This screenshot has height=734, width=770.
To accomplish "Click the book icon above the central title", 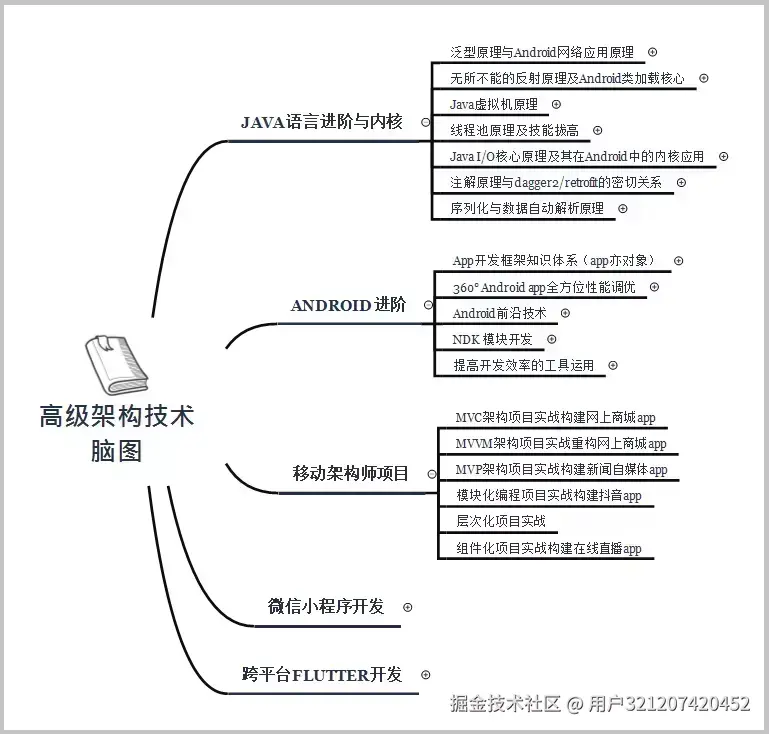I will coord(116,365).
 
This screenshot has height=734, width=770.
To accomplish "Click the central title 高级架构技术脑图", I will coord(116,433).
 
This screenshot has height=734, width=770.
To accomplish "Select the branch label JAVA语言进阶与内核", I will coord(322,122).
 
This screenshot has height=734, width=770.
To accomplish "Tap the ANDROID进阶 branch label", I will coord(348,305).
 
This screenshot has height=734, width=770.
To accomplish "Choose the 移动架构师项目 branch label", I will coord(350,473).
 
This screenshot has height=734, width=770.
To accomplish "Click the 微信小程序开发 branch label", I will coord(325,606).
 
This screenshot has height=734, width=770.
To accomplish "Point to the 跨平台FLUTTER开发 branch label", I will coord(322,675).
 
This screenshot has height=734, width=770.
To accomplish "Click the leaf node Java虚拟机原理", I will coord(493,104).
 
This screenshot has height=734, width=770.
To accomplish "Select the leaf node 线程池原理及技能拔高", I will coord(513,130).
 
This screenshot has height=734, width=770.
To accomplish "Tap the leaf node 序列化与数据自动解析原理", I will coord(526,208).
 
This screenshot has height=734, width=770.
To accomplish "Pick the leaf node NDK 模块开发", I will coord(492,339).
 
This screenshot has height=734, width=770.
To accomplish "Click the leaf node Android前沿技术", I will coord(499,313).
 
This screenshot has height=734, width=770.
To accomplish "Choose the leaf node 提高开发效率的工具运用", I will coord(523,365).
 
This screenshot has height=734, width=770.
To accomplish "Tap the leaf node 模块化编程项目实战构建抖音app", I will coord(548,495).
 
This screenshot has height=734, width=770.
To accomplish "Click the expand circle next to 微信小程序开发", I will coord(407,607).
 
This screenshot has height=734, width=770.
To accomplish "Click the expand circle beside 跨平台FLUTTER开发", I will coord(426,675).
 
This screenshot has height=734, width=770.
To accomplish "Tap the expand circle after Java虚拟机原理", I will coord(556,104).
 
